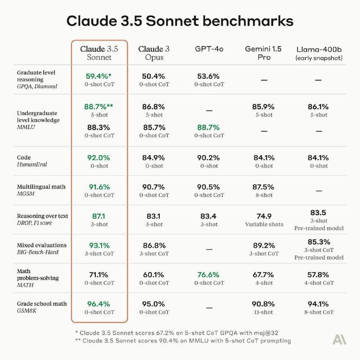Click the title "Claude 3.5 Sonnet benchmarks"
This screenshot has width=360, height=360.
coord(180,21)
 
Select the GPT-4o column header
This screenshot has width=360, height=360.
coord(209,49)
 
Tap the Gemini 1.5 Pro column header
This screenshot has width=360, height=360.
coord(264,53)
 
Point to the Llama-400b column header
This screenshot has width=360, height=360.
coord(319,53)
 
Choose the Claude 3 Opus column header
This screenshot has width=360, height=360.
coord(154,53)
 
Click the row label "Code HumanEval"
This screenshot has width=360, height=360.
coord(31,161)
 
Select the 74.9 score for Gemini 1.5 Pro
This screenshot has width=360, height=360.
coord(264,216)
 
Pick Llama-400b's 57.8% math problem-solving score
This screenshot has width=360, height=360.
coord(319,274)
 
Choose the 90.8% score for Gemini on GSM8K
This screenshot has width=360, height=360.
coord(264,304)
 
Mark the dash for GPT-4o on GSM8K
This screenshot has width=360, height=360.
coord(209,308)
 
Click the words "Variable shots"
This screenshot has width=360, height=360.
coord(264,224)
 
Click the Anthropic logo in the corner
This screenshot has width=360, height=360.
coord(339,339)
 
